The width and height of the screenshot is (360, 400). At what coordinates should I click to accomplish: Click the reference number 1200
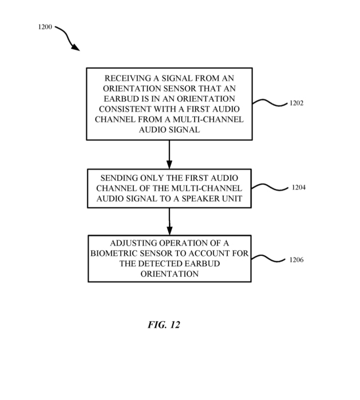tap(45, 27)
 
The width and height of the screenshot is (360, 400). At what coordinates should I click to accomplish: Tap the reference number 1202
tap(296, 103)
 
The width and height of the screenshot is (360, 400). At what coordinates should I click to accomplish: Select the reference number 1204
tap(299, 188)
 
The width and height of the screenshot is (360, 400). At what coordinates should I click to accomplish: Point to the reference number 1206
tap(296, 260)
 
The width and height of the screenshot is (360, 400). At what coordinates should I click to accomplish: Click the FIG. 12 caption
tap(164, 324)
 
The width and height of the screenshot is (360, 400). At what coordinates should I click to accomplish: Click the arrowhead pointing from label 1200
tap(76, 47)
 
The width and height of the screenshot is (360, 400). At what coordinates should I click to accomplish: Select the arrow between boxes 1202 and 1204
tap(169, 155)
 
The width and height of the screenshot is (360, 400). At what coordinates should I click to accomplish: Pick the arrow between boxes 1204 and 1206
tap(169, 221)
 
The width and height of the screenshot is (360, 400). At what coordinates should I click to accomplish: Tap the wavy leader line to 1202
tap(270, 102)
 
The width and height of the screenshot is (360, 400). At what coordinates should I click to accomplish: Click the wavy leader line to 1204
tap(270, 187)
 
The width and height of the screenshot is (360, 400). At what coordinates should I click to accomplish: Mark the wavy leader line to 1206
tap(268, 259)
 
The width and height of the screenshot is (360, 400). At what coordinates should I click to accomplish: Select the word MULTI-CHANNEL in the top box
tap(208, 120)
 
